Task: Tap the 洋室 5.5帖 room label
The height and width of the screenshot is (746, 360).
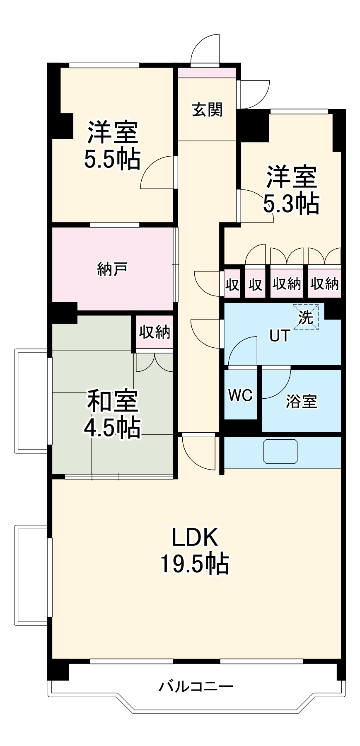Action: [112, 145]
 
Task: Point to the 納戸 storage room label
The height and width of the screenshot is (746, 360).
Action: [112, 270]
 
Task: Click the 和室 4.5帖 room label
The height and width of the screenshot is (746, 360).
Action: [112, 414]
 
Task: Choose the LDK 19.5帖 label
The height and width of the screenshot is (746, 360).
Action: [194, 551]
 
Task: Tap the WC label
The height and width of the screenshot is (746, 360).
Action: [240, 395]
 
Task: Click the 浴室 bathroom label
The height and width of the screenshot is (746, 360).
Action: [301, 401]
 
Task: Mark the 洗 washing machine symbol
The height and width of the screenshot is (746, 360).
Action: [306, 317]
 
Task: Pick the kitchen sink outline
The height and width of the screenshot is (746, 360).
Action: [280, 452]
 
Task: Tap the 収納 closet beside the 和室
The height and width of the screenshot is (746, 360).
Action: [154, 332]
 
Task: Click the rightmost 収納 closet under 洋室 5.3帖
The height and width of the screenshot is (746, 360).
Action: [324, 284]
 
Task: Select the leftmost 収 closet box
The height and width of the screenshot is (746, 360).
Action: [232, 285]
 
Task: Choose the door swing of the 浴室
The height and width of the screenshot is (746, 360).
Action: [275, 383]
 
